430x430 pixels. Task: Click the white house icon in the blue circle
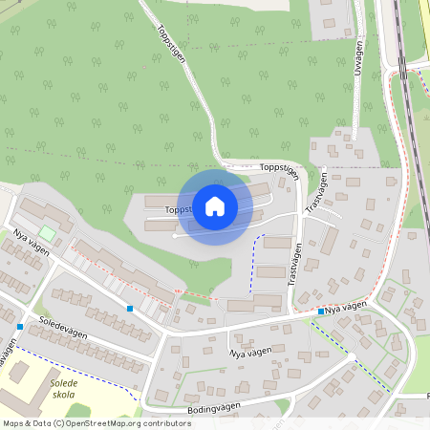pos(215,206)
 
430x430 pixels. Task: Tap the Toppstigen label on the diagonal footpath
pos(171,43)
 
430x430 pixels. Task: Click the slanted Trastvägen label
pos(316,191)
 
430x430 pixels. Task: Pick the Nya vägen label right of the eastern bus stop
pos(345,307)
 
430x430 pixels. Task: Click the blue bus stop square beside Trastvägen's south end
pos(321,312)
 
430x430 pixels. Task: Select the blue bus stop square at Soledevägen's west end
pos(20,327)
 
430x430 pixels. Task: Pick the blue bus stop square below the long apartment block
pos(130,309)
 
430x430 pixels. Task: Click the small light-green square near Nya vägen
pos(47,233)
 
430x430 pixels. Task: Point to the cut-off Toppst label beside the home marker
pos(178,208)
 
